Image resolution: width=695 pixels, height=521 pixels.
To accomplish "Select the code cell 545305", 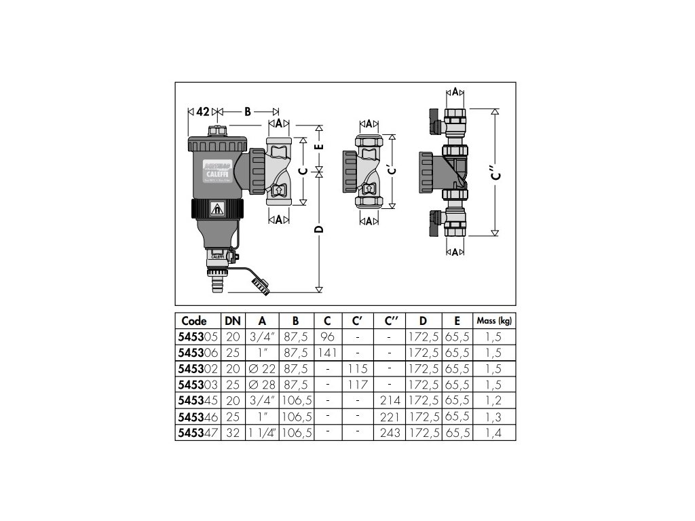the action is coord(198,335).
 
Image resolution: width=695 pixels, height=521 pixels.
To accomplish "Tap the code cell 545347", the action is coord(198,433).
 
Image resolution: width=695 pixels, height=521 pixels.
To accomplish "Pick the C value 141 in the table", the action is coord(328,351).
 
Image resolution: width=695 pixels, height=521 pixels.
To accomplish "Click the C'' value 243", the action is coord(392,433).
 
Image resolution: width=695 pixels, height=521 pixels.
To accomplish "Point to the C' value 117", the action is coord(357,384).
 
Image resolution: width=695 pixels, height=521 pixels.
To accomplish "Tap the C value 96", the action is coord(328,335).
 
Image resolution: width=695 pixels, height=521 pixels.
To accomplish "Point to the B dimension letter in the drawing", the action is coord(248,111).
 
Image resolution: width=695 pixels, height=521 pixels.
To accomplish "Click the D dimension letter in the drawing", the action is coord(319,229).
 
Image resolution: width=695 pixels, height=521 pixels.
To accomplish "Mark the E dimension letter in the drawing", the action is coord(319,146).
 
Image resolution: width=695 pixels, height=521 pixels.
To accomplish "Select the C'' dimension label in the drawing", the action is coord(497,174).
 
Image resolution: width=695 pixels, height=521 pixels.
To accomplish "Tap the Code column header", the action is coord(195,321).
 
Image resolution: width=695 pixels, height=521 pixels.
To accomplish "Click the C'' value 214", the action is coord(392,400).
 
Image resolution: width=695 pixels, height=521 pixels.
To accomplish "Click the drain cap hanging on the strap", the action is coord(261,286).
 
